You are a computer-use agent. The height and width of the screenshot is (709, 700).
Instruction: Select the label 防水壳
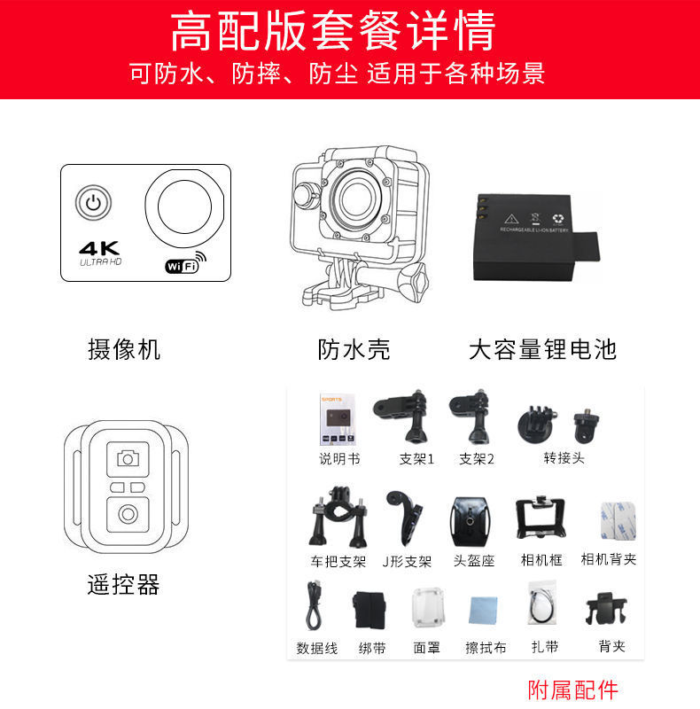[354, 349]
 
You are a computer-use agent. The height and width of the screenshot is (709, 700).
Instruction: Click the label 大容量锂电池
[542, 349]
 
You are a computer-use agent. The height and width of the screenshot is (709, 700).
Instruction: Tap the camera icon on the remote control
[128, 458]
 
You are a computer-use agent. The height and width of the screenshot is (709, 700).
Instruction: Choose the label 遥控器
[123, 585]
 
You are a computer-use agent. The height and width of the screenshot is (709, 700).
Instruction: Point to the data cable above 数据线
[313, 606]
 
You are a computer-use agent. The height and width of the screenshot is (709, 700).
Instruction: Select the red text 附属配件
[572, 690]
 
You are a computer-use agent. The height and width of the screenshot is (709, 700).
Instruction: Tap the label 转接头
[564, 458]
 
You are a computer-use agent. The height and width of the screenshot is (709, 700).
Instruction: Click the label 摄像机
[124, 349]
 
